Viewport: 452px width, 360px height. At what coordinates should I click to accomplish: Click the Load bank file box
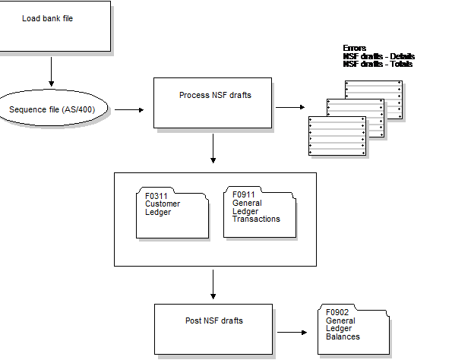[x=55, y=27]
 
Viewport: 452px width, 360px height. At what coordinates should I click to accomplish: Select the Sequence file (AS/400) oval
[x=53, y=109]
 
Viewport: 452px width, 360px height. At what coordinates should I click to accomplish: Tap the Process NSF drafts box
[x=213, y=103]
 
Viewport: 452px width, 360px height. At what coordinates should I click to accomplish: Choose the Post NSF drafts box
[x=213, y=328]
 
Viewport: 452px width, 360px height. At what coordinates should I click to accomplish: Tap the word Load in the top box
[x=31, y=17]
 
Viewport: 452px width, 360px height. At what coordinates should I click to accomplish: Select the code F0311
[x=156, y=196]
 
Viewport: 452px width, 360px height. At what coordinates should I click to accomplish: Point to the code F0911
[x=244, y=194]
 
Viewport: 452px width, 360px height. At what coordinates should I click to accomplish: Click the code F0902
[x=337, y=312]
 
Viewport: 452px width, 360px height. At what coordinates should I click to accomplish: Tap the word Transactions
[x=256, y=219]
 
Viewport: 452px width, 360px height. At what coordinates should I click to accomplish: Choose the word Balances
[x=343, y=336]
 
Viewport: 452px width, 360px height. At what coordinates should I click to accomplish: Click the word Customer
[x=162, y=204]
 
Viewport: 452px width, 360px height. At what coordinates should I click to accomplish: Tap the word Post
[x=193, y=321]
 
